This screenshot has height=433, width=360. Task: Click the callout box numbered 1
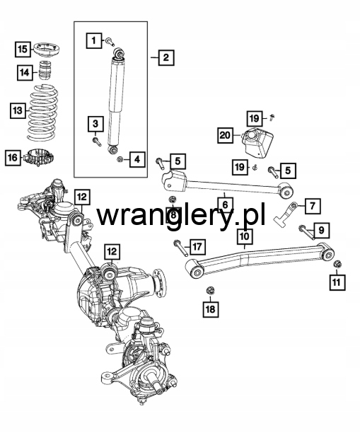click(x=93, y=40)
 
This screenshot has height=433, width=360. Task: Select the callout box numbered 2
click(x=166, y=57)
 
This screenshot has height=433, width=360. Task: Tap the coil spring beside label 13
click(x=43, y=112)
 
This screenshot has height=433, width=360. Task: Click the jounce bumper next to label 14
click(x=45, y=71)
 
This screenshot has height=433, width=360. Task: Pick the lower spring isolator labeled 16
click(x=39, y=157)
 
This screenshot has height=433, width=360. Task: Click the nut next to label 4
click(x=120, y=160)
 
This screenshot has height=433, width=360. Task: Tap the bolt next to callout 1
click(x=110, y=42)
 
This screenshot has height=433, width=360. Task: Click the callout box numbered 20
click(x=226, y=135)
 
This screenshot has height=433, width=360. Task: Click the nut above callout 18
click(x=210, y=291)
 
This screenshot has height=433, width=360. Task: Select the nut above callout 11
click(x=337, y=264)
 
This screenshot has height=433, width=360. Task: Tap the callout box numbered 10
click(x=245, y=236)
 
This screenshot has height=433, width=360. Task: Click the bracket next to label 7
click(x=286, y=214)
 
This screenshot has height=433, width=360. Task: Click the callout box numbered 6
click(x=226, y=205)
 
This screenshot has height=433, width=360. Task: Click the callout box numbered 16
click(x=13, y=157)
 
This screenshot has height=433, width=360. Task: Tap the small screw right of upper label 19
click(x=272, y=117)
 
